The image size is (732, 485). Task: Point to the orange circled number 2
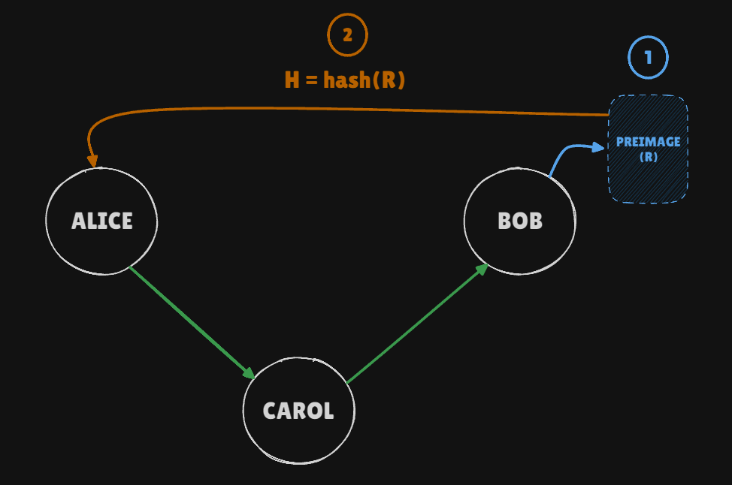(347, 35)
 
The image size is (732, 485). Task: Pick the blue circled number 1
(648, 57)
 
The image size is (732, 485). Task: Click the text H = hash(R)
(345, 80)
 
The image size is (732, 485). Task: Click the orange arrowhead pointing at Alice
(92, 160)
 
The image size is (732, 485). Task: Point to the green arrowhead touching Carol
(248, 372)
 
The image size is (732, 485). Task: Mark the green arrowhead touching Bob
(482, 269)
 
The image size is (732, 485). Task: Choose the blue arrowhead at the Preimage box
(598, 147)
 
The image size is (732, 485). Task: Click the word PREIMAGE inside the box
(648, 142)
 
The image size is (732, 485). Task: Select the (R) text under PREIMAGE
(648, 158)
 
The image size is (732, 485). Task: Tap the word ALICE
(101, 221)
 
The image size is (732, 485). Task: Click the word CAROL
(298, 411)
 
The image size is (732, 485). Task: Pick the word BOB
(520, 221)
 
